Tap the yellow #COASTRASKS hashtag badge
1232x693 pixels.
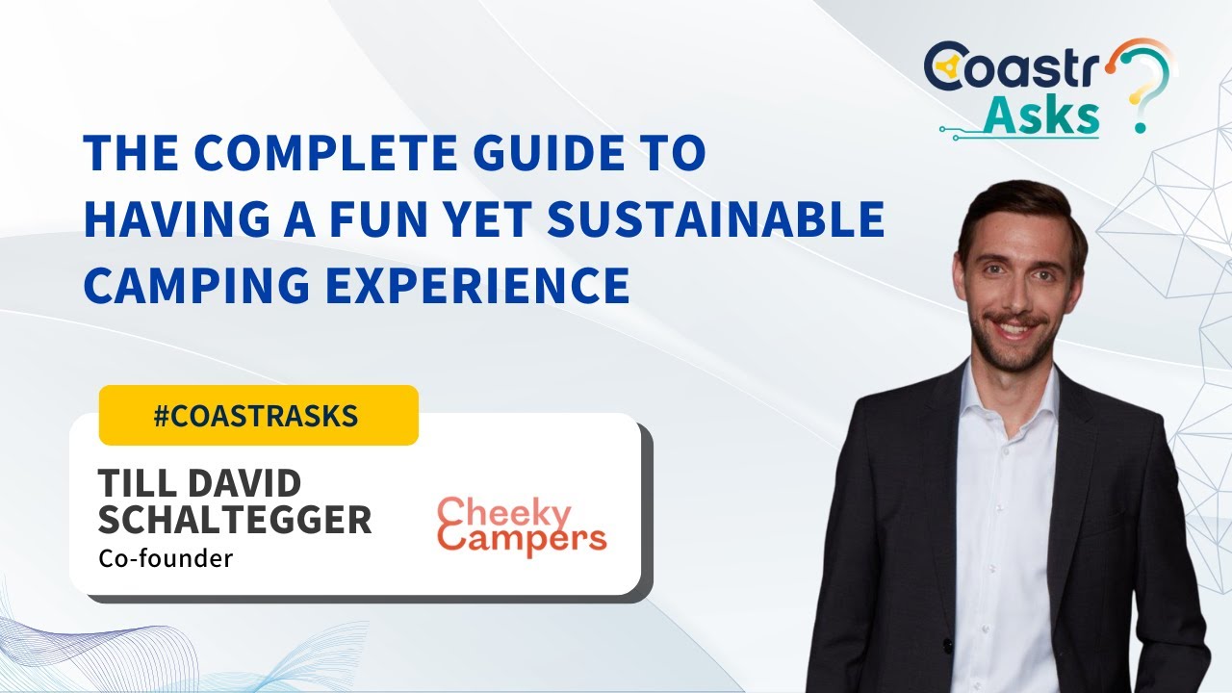coord(258,415)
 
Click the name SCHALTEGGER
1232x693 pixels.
coord(235,521)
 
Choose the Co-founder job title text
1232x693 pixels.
coord(166,558)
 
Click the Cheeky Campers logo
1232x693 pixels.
coord(522,526)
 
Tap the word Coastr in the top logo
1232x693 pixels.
coord(1011,67)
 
